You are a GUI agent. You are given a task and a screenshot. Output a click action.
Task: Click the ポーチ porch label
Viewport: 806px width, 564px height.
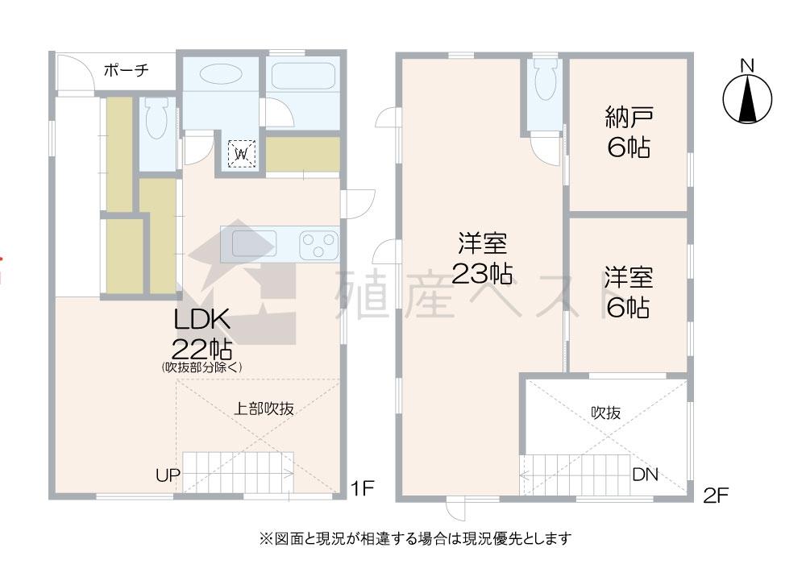[x=127, y=71]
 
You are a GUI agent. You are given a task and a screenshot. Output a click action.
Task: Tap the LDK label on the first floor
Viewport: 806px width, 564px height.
[x=203, y=320]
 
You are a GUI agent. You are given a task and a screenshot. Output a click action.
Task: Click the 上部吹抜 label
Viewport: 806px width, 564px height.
[x=264, y=408]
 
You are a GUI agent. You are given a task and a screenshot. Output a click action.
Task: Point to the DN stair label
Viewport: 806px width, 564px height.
[x=644, y=475]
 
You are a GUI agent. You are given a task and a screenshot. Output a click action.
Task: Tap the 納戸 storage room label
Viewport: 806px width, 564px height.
[x=629, y=118]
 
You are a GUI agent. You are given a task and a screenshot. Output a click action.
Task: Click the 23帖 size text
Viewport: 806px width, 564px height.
[x=482, y=274]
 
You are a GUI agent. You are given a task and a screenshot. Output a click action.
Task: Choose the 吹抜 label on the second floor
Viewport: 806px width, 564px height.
[x=605, y=412]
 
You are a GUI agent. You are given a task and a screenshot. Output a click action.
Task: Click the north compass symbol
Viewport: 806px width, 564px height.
[x=747, y=97]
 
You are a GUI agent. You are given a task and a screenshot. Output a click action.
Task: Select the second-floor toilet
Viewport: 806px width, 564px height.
[x=545, y=81]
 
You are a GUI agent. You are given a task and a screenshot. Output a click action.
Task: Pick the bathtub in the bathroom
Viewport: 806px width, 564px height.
[x=302, y=77]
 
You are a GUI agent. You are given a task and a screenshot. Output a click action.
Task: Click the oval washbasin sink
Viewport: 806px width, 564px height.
[x=219, y=74]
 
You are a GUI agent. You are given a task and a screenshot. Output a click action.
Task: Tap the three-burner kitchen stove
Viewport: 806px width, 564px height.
[x=318, y=244]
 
